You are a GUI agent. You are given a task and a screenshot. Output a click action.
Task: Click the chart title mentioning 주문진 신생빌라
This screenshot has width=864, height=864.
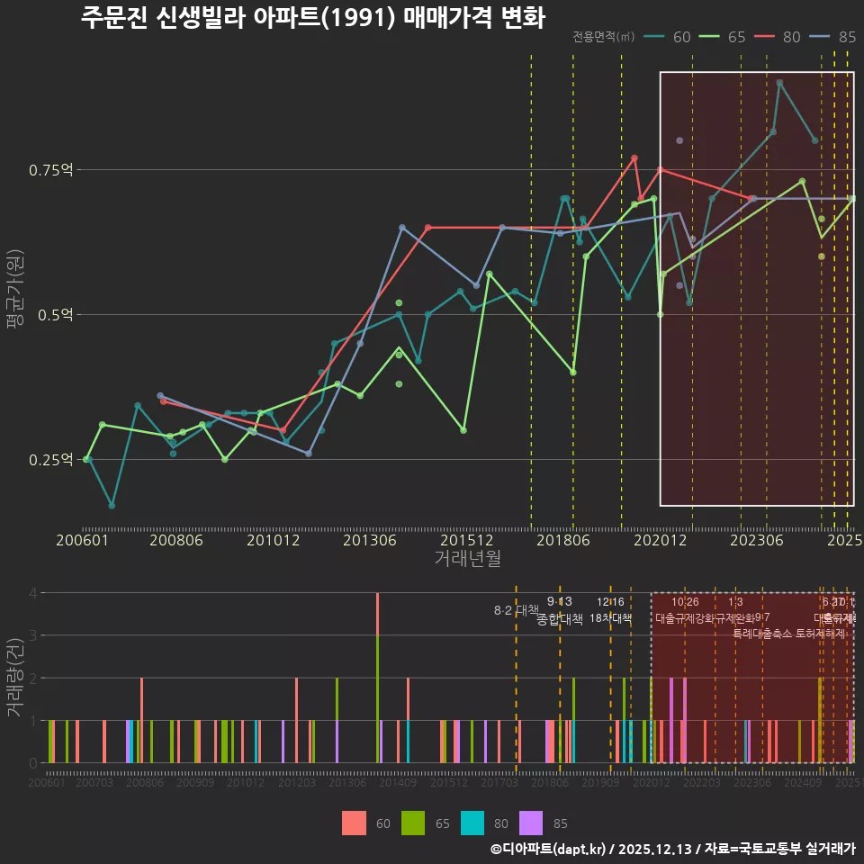click(x=312, y=18)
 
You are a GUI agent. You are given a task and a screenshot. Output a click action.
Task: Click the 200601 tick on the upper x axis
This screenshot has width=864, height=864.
click(x=82, y=541)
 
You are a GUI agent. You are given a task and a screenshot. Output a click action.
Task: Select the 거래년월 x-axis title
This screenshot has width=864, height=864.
click(x=467, y=559)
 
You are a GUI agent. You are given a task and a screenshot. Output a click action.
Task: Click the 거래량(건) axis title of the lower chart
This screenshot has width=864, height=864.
click(x=15, y=678)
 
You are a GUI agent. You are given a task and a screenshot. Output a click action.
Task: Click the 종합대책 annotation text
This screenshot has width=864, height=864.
click(x=560, y=619)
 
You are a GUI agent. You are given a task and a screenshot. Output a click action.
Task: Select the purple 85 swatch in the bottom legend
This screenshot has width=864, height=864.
click(x=534, y=823)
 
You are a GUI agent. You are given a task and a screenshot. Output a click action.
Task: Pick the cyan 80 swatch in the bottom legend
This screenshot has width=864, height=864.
click(x=473, y=823)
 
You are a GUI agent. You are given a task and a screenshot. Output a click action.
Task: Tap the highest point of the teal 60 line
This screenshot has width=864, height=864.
click(x=779, y=83)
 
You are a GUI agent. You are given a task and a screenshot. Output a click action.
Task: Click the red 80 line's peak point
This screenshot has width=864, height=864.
click(x=634, y=158)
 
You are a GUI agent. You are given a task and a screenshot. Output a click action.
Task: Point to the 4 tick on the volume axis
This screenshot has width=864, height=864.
click(x=32, y=593)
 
